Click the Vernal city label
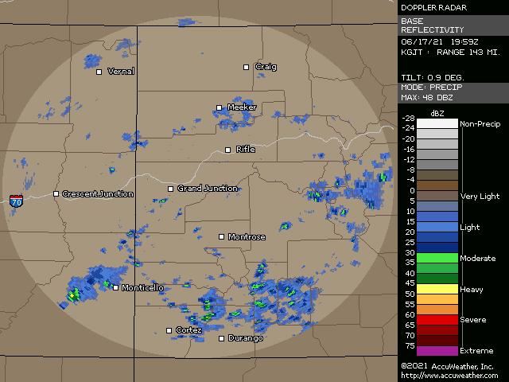tap(121, 72)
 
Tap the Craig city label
tap(266, 67)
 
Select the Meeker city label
tap(242, 107)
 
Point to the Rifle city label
tap(246, 150)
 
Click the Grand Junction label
tap(208, 189)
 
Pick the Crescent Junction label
tap(98, 194)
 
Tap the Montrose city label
tap(247, 237)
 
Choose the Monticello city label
tap(143, 288)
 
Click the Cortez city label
tap(189, 330)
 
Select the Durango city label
tap(246, 339)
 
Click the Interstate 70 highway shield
tap(17, 201)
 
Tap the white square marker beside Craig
tap(247, 67)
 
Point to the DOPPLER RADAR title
tap(433, 8)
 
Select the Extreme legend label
tap(476, 351)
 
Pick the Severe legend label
tap(473, 320)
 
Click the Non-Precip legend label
tap(480, 124)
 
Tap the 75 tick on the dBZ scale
tap(410, 345)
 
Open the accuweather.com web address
tap(449, 376)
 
